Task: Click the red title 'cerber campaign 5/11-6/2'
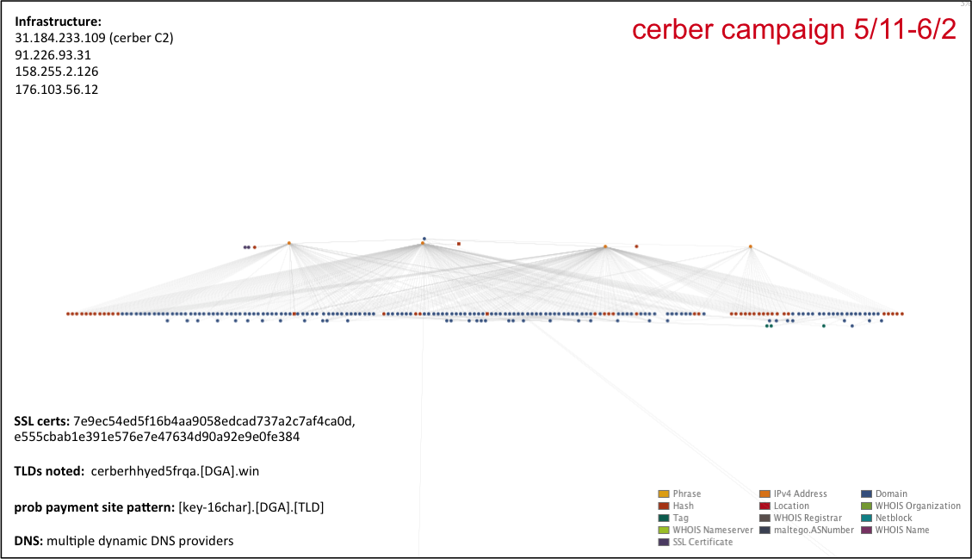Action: point(793,29)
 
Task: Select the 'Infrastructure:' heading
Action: point(58,21)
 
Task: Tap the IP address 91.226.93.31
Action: point(53,54)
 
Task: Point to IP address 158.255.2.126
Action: point(56,71)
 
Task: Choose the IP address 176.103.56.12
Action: point(56,89)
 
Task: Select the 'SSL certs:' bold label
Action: point(41,421)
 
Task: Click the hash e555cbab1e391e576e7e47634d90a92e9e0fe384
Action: point(157,437)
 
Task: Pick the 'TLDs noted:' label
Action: point(48,471)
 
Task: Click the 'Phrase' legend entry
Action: point(686,494)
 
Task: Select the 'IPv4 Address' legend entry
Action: point(800,494)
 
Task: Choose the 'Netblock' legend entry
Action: point(893,518)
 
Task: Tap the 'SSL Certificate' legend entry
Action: point(703,542)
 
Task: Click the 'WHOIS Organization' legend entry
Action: point(917,506)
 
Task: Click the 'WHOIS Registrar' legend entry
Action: point(807,518)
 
